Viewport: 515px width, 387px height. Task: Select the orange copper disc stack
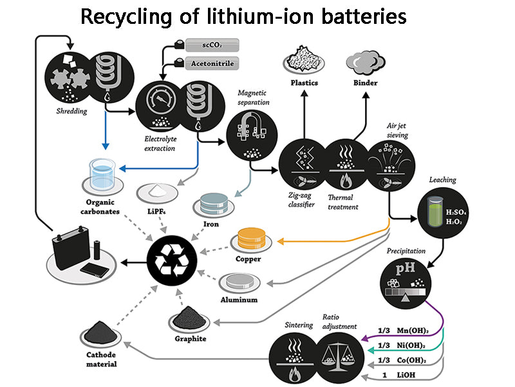point(252,239)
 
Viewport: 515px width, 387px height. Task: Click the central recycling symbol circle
point(169,261)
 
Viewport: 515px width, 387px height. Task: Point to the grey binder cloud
point(366,62)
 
